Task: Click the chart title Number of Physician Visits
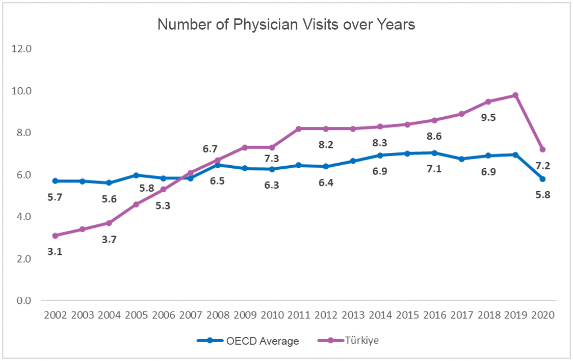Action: pyautogui.click(x=286, y=24)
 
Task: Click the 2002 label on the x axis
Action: pyautogui.click(x=55, y=315)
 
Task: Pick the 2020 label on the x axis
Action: pyautogui.click(x=542, y=315)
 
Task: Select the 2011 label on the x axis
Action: pyautogui.click(x=299, y=315)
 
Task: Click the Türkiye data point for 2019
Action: pyautogui.click(x=515, y=95)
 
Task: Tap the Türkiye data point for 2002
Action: pyautogui.click(x=55, y=236)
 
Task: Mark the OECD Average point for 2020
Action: pyautogui.click(x=542, y=179)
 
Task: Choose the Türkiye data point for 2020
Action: pyautogui.click(x=542, y=149)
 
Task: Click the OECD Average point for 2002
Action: pyautogui.click(x=55, y=181)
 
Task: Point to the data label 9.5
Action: pyautogui.click(x=488, y=117)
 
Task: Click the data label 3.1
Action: pyautogui.click(x=55, y=251)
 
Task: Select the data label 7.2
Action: pyautogui.click(x=542, y=165)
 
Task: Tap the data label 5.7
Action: pyautogui.click(x=55, y=197)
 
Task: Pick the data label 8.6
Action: pyautogui.click(x=434, y=136)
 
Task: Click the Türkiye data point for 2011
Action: pyautogui.click(x=299, y=128)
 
